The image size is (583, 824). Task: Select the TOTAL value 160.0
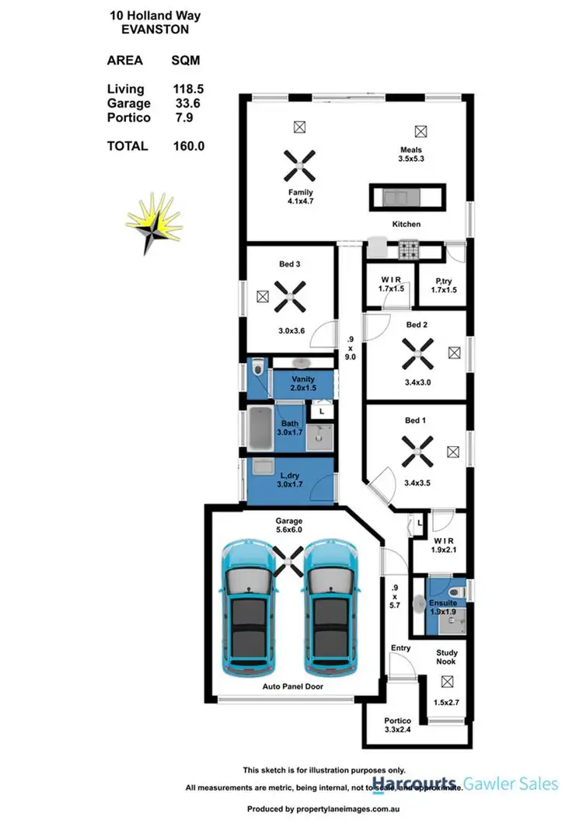click(189, 145)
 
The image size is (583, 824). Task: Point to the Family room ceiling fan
click(300, 165)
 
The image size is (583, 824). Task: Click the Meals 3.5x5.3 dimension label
click(411, 159)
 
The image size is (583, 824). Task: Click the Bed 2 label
click(416, 325)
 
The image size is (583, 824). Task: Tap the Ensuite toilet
click(458, 593)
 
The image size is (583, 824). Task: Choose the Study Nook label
click(446, 657)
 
